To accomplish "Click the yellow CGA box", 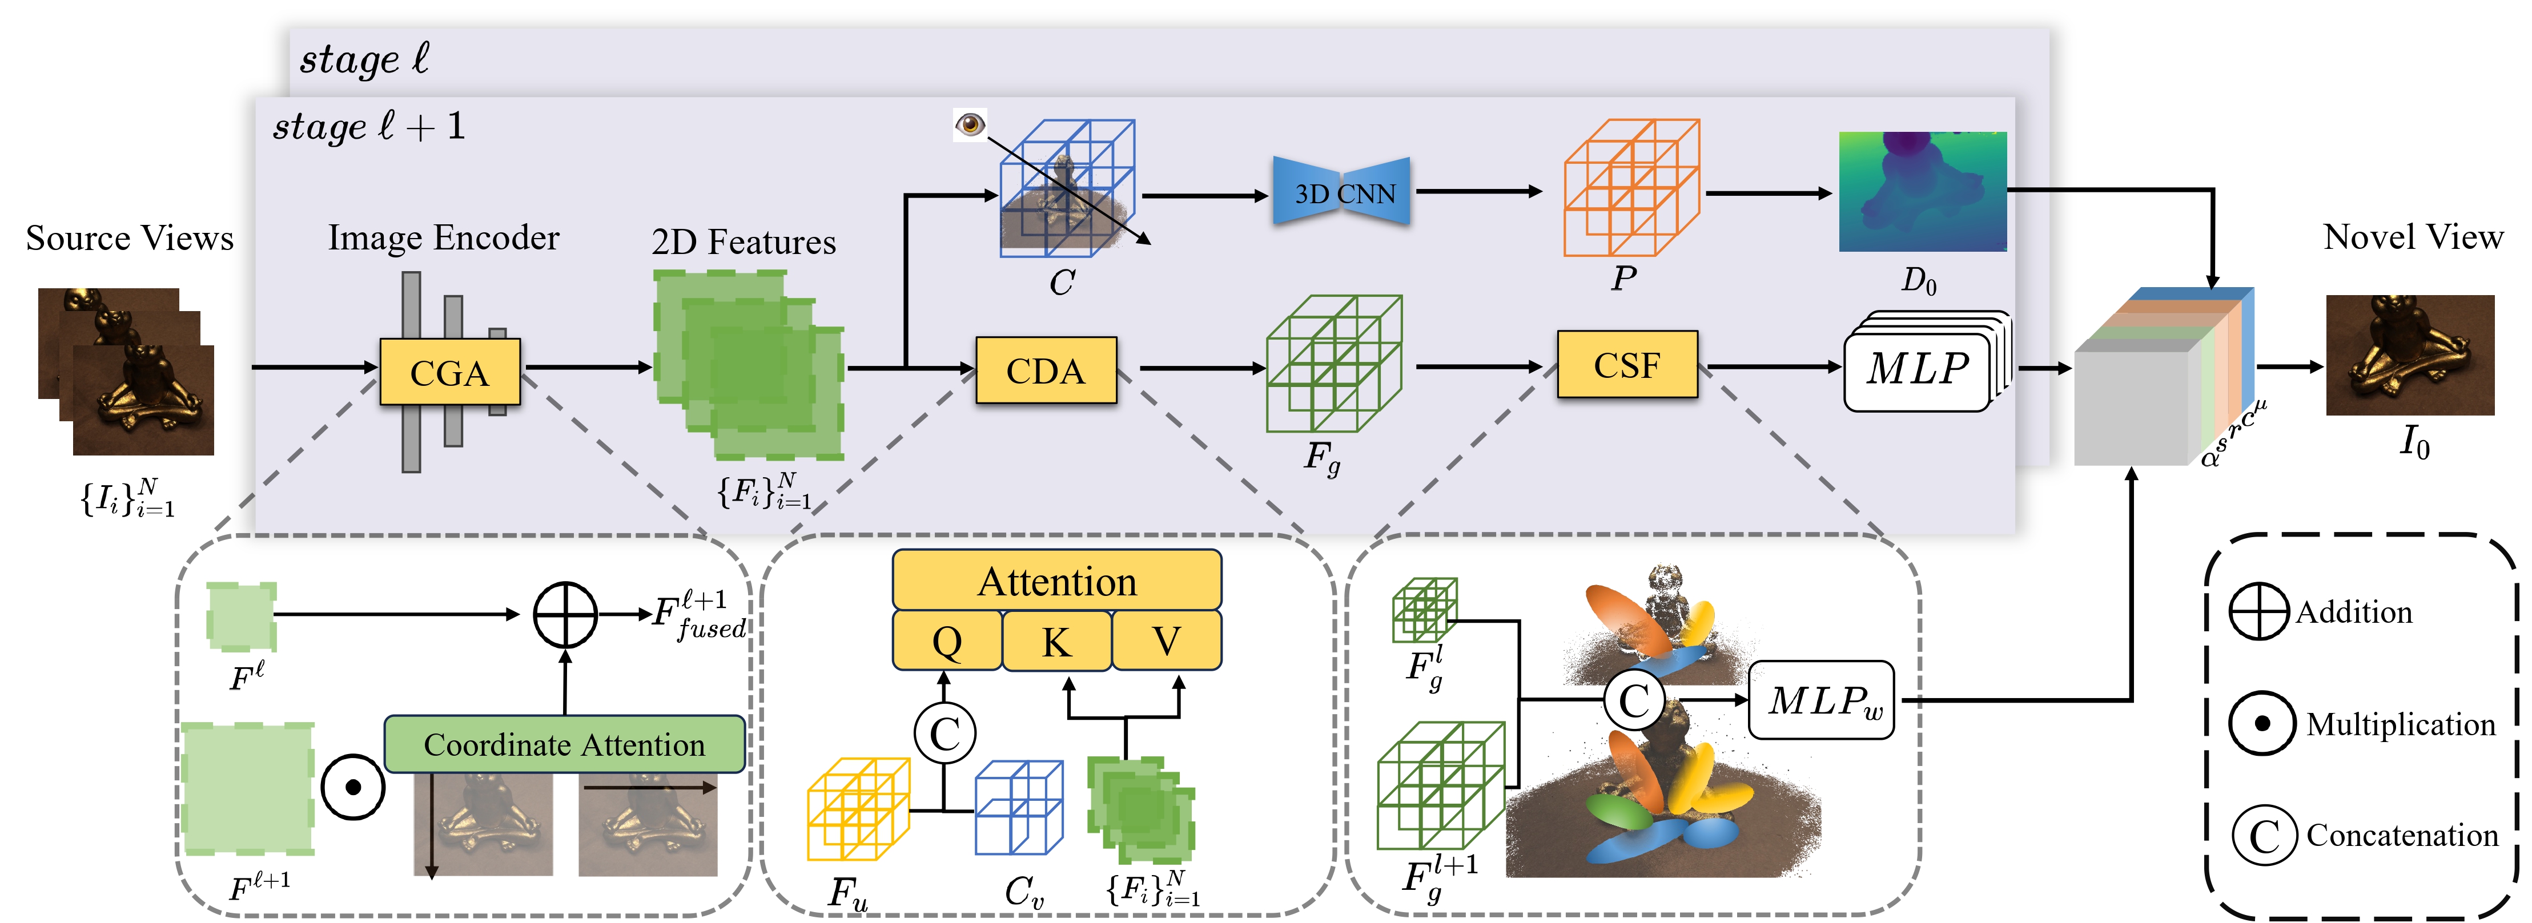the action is [x=449, y=372].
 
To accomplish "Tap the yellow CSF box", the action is [x=1627, y=365].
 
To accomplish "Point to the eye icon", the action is [x=970, y=125].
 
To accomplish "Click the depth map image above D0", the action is [x=1923, y=192].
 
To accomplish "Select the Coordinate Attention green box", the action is [x=564, y=744].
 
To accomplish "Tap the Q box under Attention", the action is [x=947, y=641].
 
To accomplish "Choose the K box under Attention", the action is [x=1056, y=641].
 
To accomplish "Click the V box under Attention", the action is [x=1167, y=641].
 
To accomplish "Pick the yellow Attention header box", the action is [x=1056, y=580].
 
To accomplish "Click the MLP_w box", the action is [x=1822, y=700].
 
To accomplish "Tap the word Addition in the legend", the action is [x=2353, y=612].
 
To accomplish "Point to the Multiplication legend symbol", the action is [x=2262, y=723].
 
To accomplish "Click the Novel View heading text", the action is [x=2413, y=237].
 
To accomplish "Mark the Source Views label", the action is [x=130, y=238].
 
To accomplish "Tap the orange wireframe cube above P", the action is [x=1631, y=188].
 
